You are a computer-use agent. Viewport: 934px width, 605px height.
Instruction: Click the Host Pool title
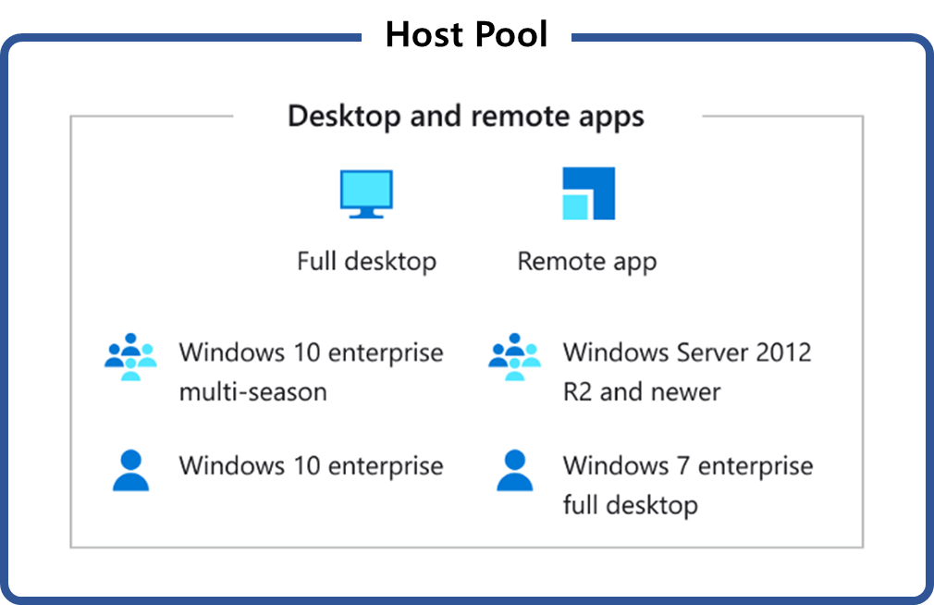(466, 35)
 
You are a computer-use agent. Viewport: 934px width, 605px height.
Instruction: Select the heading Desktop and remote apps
(466, 117)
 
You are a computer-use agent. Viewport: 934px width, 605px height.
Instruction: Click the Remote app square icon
(588, 193)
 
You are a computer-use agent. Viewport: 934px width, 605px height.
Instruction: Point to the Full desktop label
(366, 261)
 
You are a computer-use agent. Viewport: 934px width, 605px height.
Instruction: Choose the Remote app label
(586, 261)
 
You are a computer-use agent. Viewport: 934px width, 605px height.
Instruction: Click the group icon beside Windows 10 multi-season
(131, 356)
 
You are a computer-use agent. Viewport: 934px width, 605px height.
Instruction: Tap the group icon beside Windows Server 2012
(515, 356)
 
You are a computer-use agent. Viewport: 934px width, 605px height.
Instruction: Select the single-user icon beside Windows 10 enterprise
(131, 470)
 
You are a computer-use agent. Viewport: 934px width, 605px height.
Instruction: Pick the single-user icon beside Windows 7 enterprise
(515, 470)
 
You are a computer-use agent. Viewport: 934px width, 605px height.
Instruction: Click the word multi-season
(252, 391)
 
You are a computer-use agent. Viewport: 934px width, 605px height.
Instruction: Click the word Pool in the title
(510, 35)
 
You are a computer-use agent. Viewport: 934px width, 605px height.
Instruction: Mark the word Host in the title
(422, 35)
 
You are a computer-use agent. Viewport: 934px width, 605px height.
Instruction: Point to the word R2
(577, 391)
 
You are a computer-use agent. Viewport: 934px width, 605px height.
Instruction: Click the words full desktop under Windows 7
(630, 505)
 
